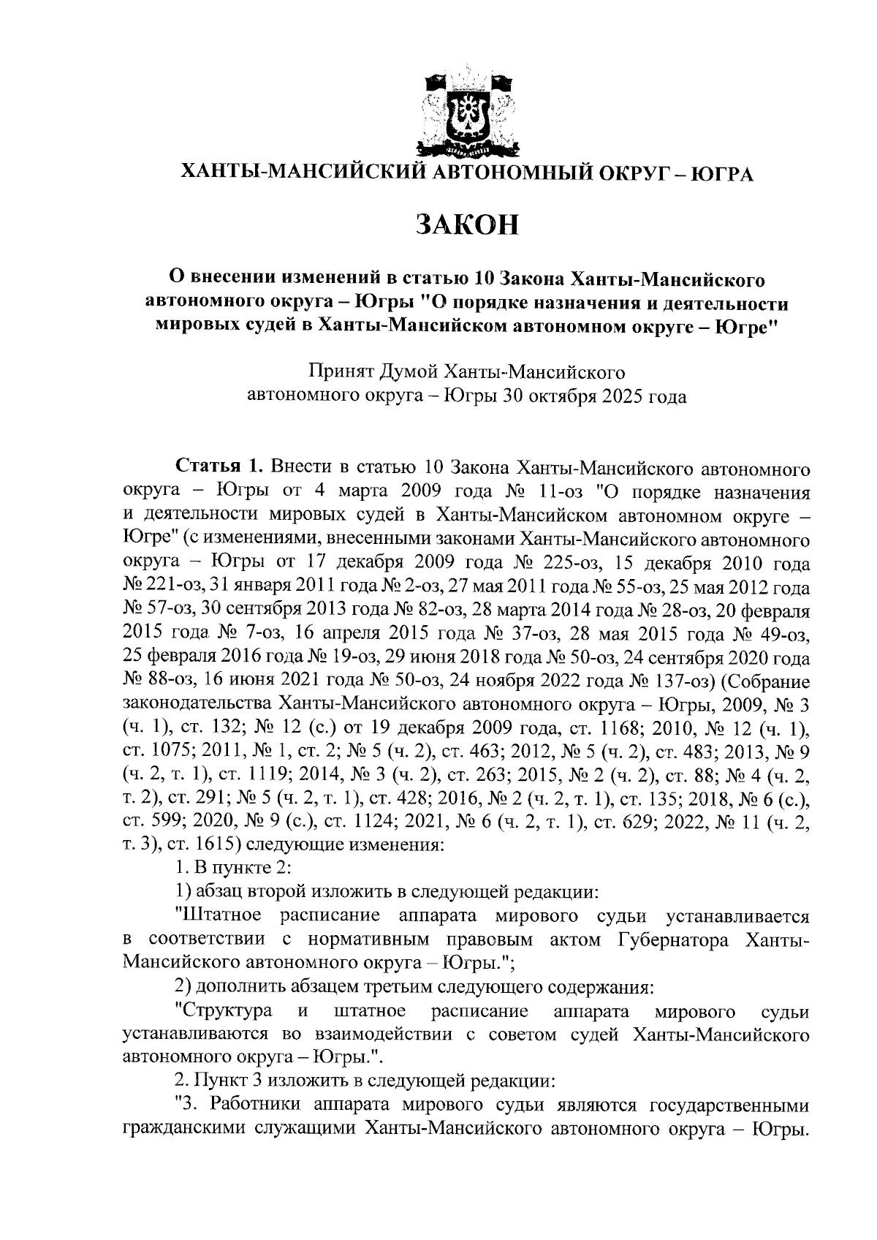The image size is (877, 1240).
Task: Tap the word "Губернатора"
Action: (x=690, y=939)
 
